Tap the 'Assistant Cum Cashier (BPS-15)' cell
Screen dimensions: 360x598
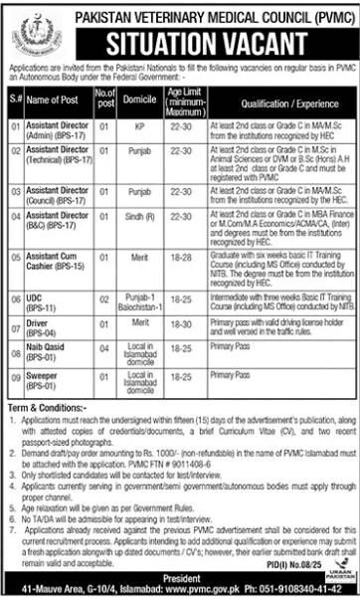57,262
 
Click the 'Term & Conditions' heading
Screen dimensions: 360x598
43,397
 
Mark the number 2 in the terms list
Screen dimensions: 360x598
11,436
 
